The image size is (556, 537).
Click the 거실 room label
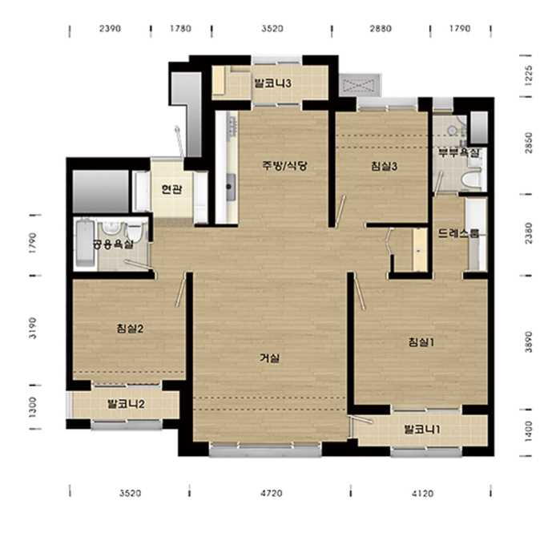(270, 358)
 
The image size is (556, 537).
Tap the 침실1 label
(421, 342)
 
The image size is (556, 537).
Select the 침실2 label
(130, 329)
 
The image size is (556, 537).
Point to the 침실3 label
(384, 166)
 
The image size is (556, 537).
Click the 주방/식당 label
(284, 166)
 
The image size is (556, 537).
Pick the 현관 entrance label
(172, 189)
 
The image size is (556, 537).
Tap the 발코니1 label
(422, 430)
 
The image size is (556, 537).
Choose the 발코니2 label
(126, 404)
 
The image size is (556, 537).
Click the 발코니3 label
(273, 83)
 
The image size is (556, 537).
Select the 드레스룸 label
(459, 233)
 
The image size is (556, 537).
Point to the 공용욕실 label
(113, 244)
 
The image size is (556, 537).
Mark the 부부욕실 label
(459, 153)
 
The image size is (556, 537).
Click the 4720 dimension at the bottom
(272, 493)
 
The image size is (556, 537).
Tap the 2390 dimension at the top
(110, 28)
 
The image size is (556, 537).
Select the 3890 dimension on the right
(528, 342)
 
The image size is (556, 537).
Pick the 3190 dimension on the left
(32, 328)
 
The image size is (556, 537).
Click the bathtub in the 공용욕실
(85, 243)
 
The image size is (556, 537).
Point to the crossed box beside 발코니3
(360, 85)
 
